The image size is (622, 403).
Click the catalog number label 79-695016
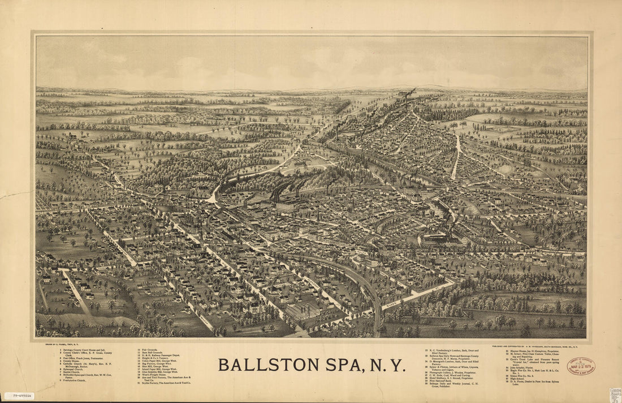19,396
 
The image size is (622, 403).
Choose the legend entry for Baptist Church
73,372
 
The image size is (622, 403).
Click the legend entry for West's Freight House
154,374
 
